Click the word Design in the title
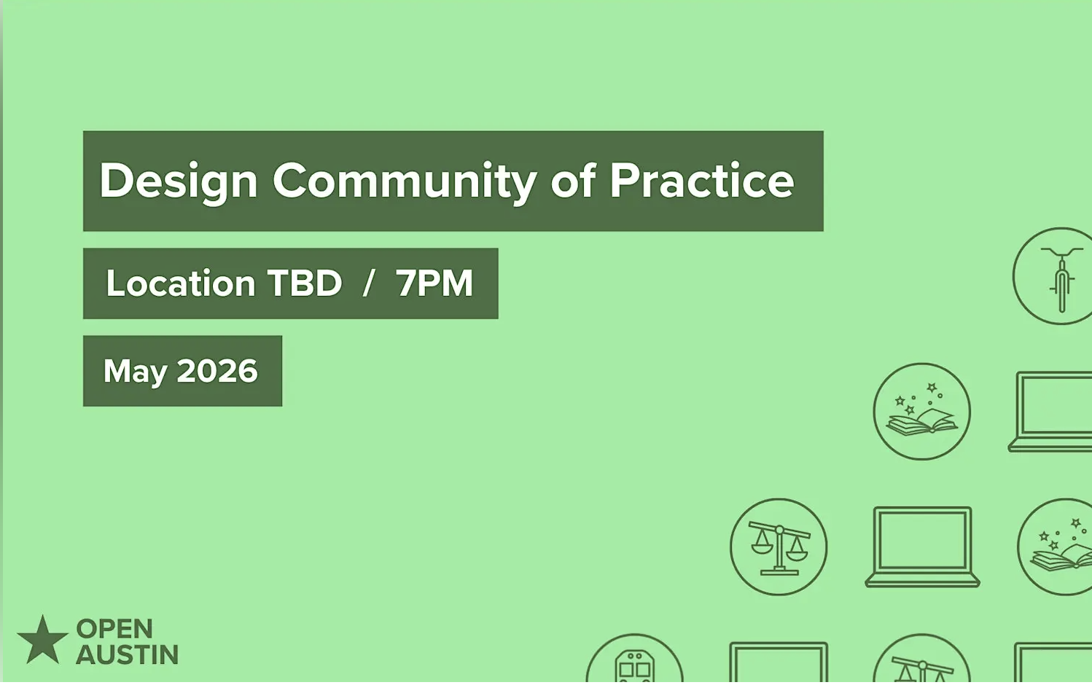[179, 181]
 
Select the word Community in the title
[405, 181]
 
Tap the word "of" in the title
[573, 181]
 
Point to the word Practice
[701, 181]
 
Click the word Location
[180, 283]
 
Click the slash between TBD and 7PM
[369, 283]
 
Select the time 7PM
[434, 283]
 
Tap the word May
[135, 372]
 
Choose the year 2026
[217, 371]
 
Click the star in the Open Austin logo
[43, 641]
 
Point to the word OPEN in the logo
[114, 629]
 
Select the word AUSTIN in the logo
[127, 655]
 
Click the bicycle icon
[1059, 276]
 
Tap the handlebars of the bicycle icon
[1061, 252]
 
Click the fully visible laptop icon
[922, 547]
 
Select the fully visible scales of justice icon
[779, 547]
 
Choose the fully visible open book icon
[921, 412]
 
